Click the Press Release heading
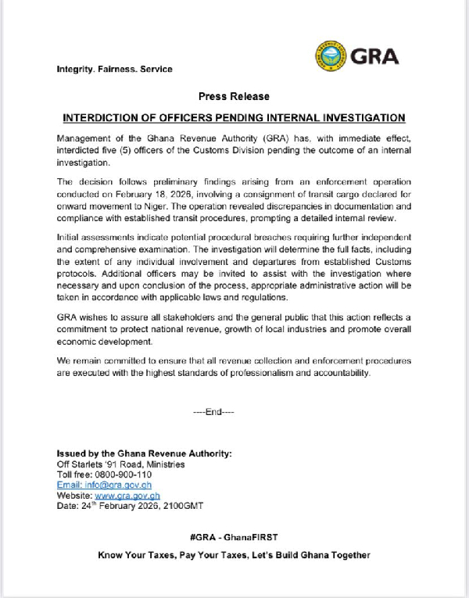pos(234,96)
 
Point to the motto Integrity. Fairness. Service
pos(115,69)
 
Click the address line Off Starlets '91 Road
pos(121,464)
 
